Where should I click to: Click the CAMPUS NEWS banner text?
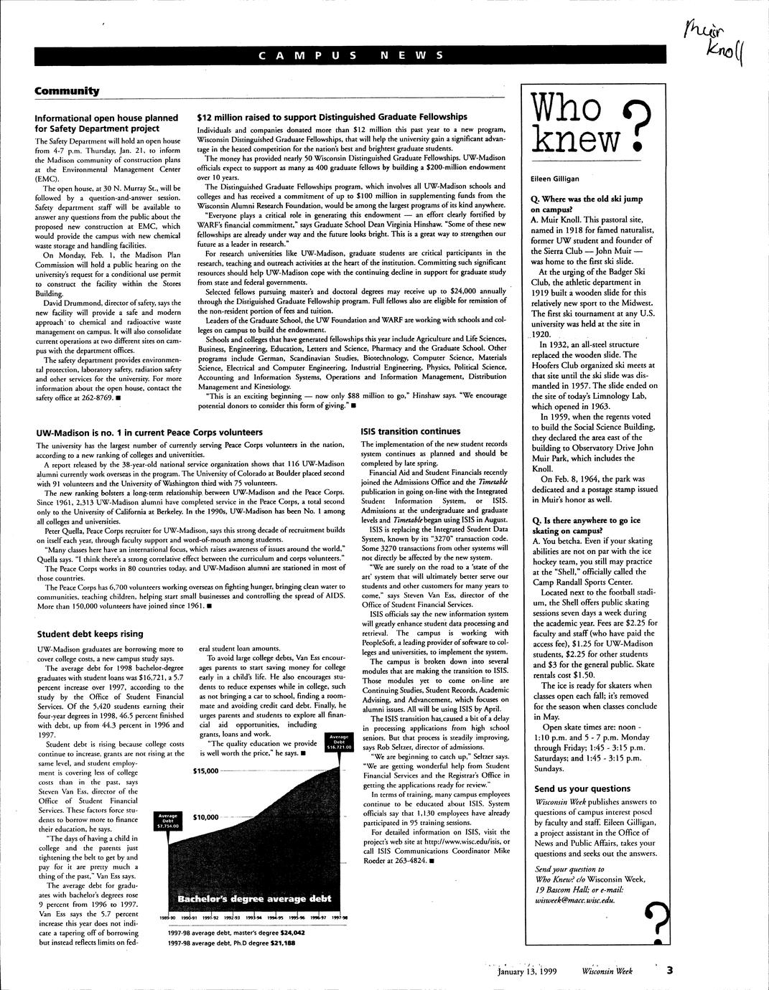(350, 55)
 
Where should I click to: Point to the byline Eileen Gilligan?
(554, 179)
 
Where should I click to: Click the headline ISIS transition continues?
(410, 431)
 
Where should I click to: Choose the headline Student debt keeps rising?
(90, 633)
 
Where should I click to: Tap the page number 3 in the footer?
(669, 971)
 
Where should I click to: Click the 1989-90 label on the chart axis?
(169, 918)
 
